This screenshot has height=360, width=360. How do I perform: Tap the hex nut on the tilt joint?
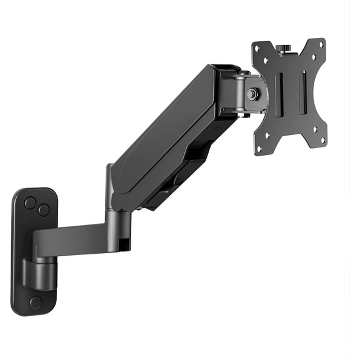(x=253, y=94)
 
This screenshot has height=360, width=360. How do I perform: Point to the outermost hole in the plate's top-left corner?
(x=257, y=47)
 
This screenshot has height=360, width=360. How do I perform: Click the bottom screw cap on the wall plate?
(x=36, y=302)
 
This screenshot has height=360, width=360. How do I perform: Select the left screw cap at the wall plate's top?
(x=30, y=203)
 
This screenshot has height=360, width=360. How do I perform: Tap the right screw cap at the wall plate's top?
(x=43, y=210)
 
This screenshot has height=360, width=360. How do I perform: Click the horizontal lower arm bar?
(x=72, y=239)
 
